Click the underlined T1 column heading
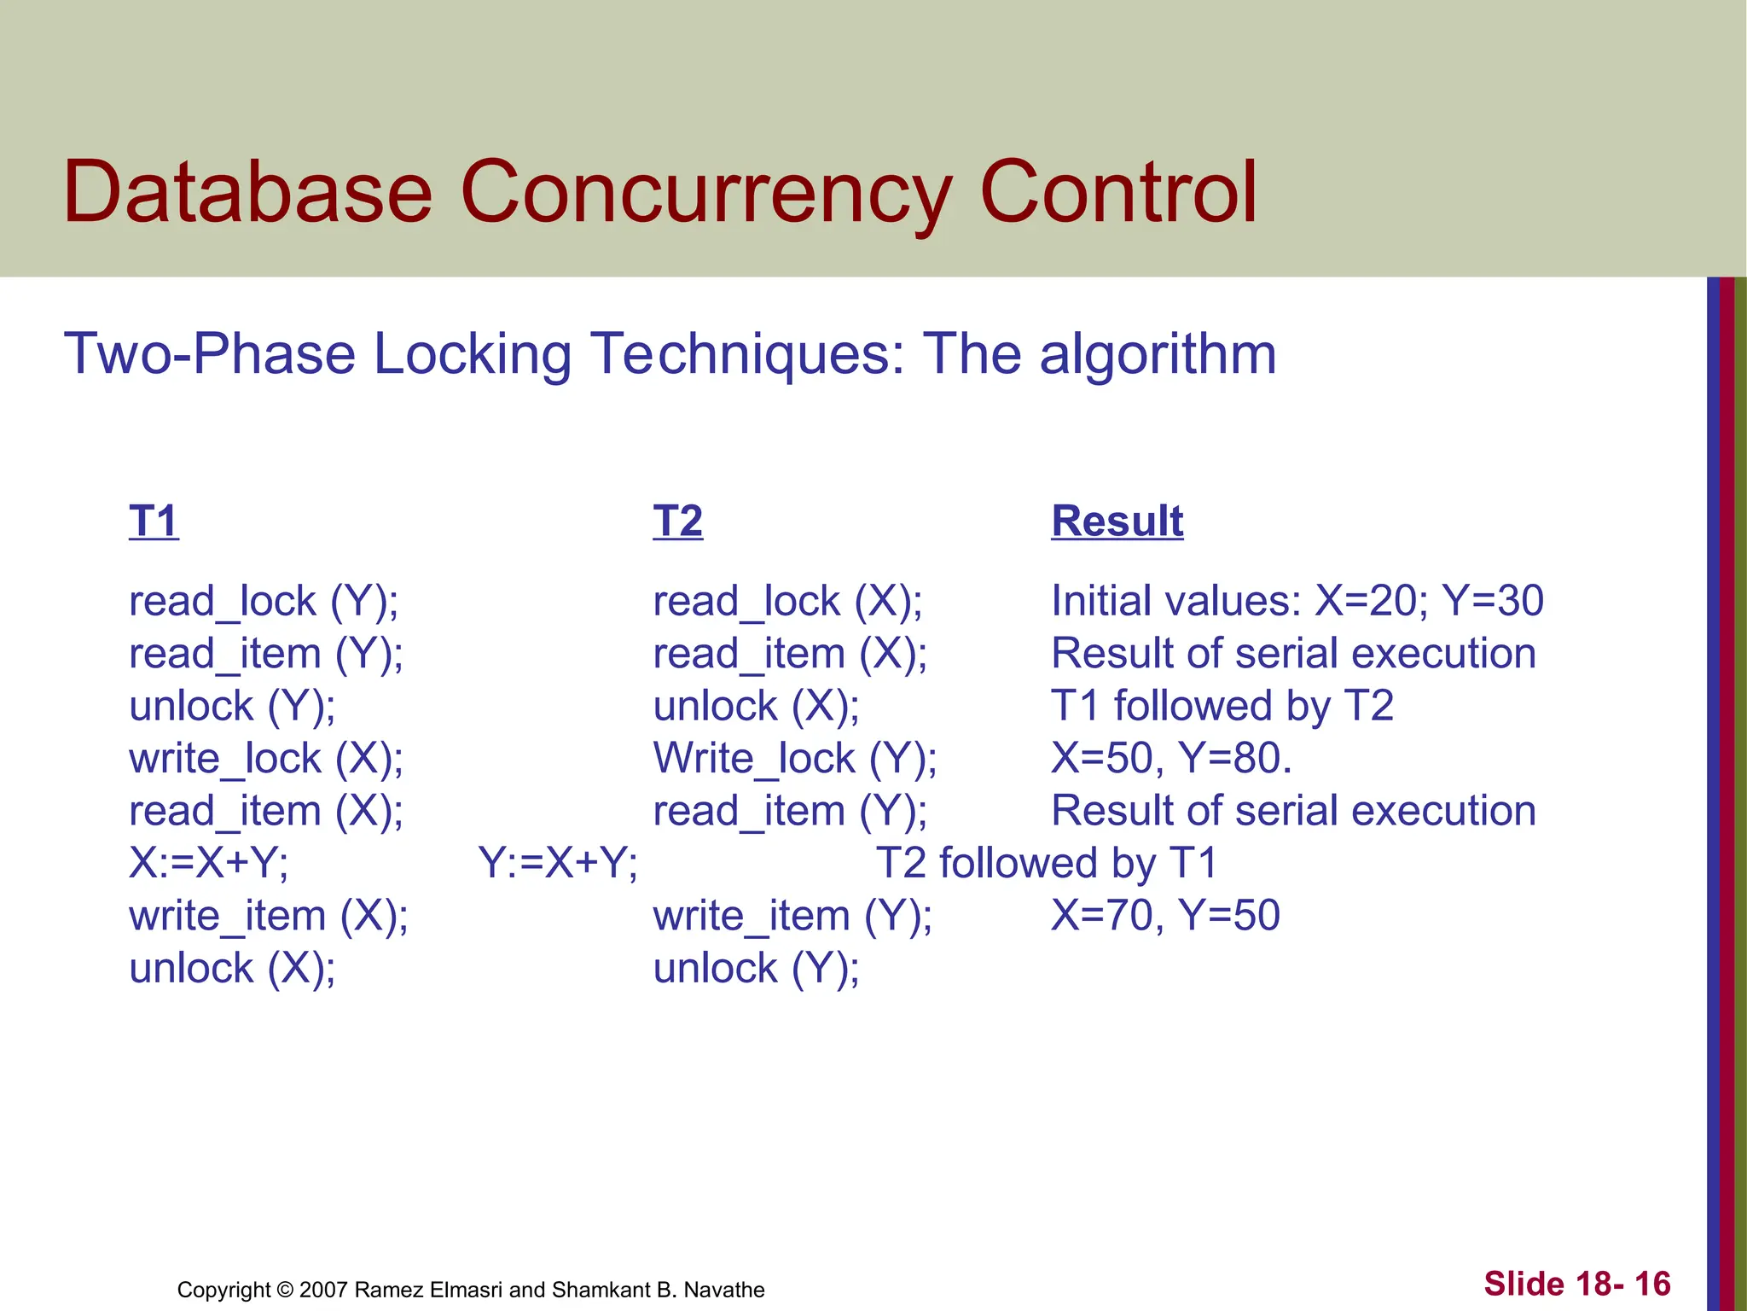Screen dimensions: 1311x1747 click(x=154, y=521)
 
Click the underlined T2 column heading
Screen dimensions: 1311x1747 click(x=677, y=521)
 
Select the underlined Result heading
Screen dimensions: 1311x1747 click(x=1117, y=521)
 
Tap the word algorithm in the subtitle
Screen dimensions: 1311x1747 click(x=1158, y=353)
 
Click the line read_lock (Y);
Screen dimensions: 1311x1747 click(x=264, y=601)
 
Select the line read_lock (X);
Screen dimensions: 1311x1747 click(x=787, y=601)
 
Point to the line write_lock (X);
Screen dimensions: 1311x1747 click(x=266, y=758)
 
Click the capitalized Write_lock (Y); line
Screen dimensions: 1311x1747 click(x=794, y=758)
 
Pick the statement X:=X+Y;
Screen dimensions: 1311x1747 click(x=209, y=863)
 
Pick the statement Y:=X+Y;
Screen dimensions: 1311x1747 click(x=558, y=863)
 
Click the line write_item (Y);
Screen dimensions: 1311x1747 click(x=792, y=916)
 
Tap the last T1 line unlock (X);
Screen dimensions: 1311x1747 click(x=232, y=969)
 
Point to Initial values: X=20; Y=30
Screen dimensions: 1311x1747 click(x=1297, y=601)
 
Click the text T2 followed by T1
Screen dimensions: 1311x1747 click(x=1047, y=863)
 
